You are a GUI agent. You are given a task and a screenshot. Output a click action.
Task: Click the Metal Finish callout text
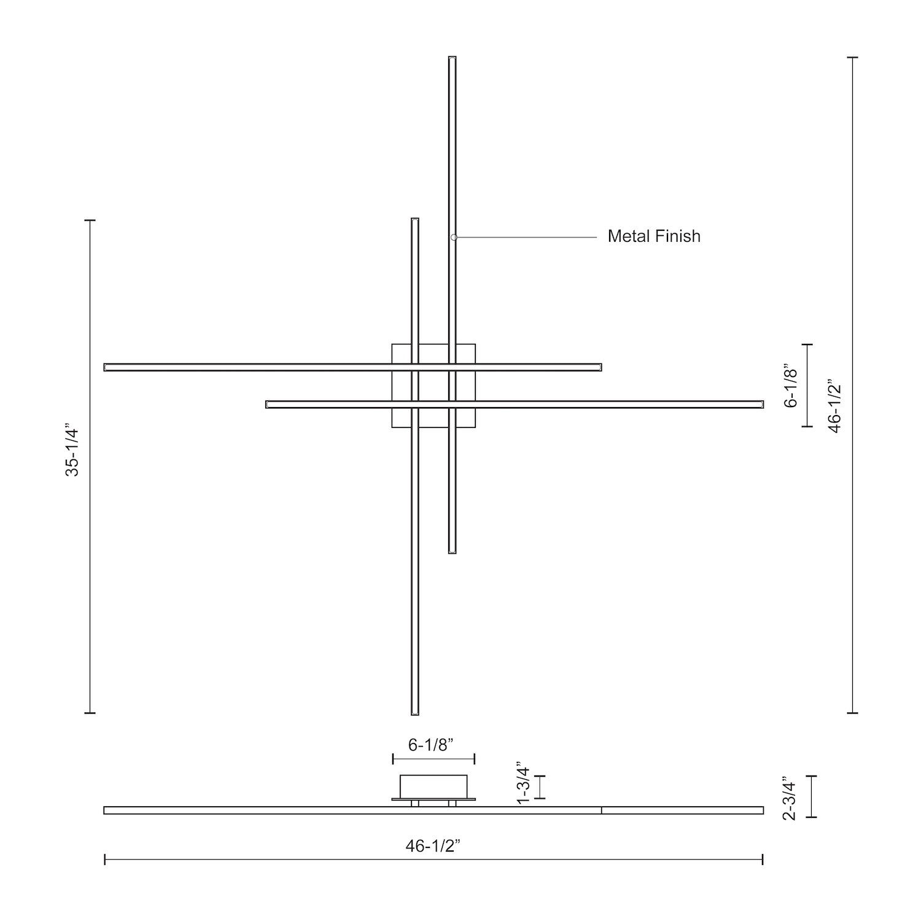[653, 236]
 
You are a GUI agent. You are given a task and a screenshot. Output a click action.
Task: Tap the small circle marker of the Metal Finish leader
[454, 237]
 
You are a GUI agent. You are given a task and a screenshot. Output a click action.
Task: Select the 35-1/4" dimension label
[73, 449]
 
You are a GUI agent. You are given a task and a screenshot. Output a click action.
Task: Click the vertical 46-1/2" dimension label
[834, 406]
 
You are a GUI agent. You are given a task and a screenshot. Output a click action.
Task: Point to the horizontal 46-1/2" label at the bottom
[433, 846]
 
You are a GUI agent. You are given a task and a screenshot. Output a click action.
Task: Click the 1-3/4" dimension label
[523, 781]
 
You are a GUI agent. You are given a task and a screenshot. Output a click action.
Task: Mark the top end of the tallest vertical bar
[453, 59]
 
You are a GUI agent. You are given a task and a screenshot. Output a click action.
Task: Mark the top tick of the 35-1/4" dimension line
[90, 220]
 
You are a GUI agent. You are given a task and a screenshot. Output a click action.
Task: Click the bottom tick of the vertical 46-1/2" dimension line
[852, 713]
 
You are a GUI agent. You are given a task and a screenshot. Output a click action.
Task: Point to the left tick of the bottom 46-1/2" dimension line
[105, 859]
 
